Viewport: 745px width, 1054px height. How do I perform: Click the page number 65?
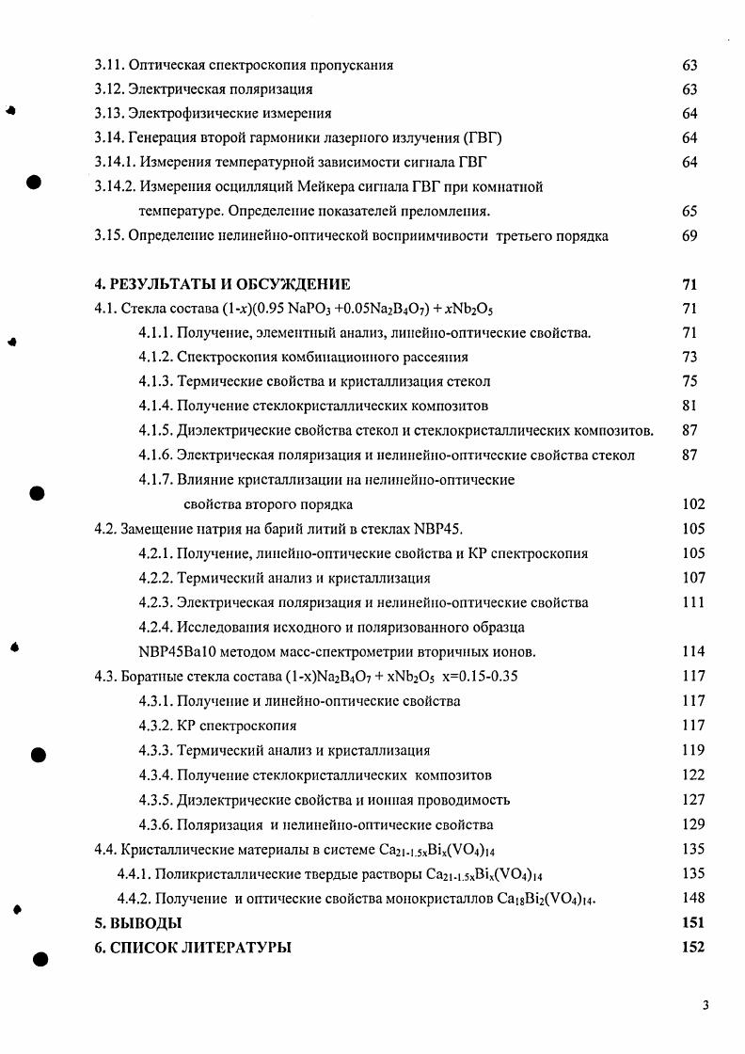[690, 212]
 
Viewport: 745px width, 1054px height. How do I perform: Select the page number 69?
[690, 236]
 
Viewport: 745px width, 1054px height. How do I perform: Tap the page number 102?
[692, 504]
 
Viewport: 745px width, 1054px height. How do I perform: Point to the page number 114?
[692, 651]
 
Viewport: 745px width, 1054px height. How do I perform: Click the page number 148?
[692, 898]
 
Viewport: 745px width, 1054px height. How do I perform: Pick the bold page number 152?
[692, 948]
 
